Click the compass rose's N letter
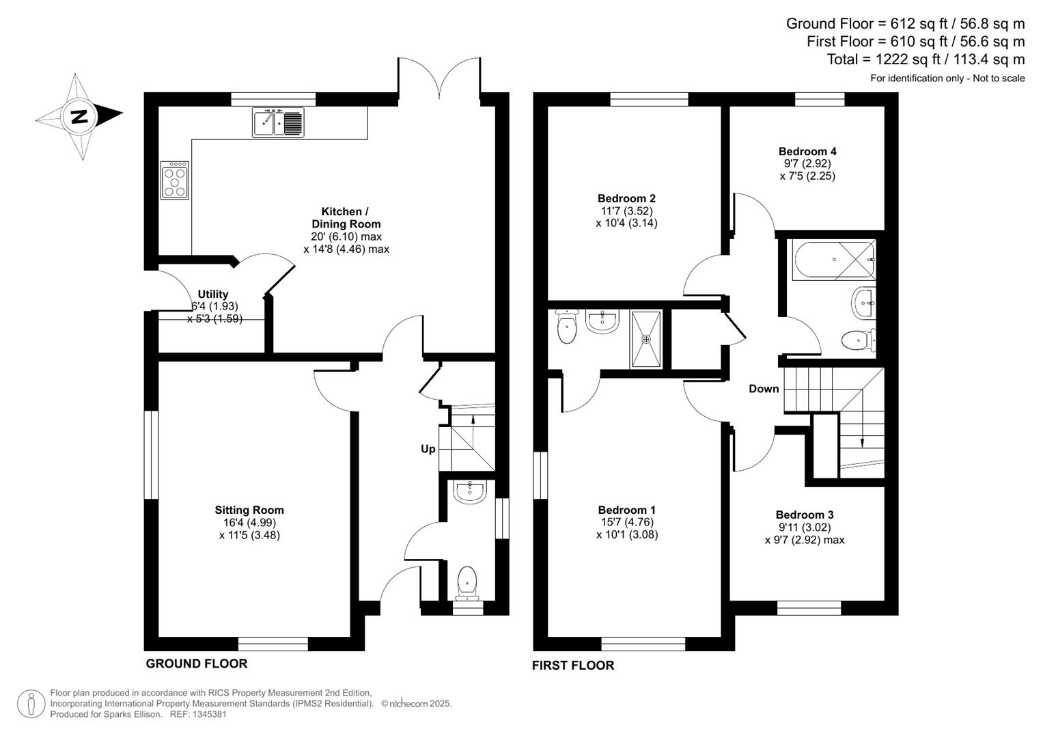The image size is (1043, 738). click(80, 116)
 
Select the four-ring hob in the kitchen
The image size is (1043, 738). click(175, 180)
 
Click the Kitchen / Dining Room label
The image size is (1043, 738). click(346, 218)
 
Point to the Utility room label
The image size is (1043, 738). click(213, 295)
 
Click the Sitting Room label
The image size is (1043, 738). click(249, 510)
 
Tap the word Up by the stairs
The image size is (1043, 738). click(428, 449)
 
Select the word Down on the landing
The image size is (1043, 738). click(764, 389)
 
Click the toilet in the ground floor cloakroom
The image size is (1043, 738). click(467, 581)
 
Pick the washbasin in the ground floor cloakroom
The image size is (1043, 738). click(469, 491)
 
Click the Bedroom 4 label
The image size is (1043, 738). click(807, 152)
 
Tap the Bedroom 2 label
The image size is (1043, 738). click(626, 199)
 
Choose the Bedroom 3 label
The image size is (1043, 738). click(805, 515)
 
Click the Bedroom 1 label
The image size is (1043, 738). click(626, 510)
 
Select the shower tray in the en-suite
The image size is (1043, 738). click(646, 339)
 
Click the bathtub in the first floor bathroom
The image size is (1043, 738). click(834, 260)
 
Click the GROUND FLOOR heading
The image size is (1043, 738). click(197, 664)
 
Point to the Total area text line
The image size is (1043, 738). click(926, 59)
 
